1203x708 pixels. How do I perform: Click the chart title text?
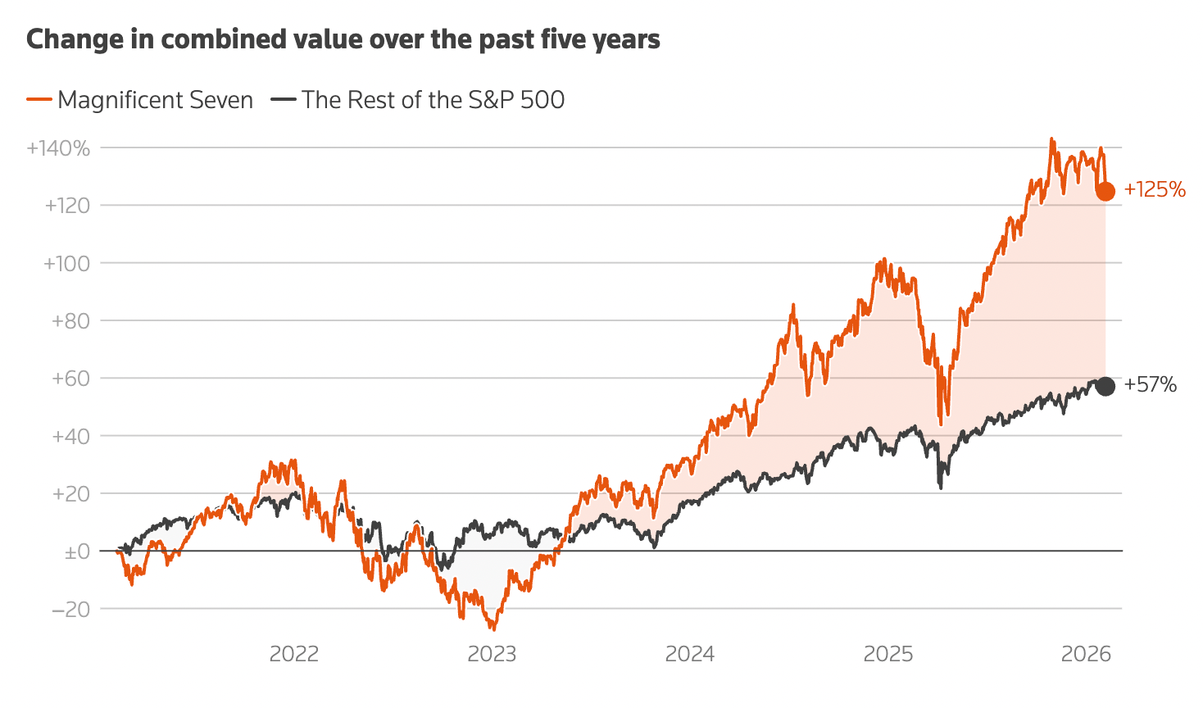pyautogui.click(x=343, y=39)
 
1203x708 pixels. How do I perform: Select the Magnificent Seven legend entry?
pyautogui.click(x=140, y=100)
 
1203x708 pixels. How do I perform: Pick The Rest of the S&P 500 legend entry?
pyautogui.click(x=418, y=100)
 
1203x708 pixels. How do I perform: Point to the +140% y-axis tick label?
pyautogui.click(x=58, y=148)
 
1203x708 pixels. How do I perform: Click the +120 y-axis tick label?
pyautogui.click(x=67, y=206)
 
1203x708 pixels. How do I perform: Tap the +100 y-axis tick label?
pyautogui.click(x=66, y=264)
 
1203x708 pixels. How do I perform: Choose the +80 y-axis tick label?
pyautogui.click(x=70, y=321)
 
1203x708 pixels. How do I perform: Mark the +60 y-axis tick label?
pyautogui.click(x=70, y=379)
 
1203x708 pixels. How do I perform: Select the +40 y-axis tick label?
pyautogui.click(x=70, y=436)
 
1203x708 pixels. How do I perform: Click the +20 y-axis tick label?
pyautogui.click(x=70, y=494)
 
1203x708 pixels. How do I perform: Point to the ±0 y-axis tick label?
pyautogui.click(x=77, y=552)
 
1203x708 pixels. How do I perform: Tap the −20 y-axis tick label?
pyautogui.click(x=70, y=610)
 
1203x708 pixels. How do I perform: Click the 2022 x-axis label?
pyautogui.click(x=293, y=654)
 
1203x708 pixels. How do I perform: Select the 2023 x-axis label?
pyautogui.click(x=492, y=654)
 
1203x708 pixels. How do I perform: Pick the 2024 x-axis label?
pyautogui.click(x=690, y=654)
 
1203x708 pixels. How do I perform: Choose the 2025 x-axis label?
pyautogui.click(x=888, y=654)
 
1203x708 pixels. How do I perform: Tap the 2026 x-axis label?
pyautogui.click(x=1086, y=654)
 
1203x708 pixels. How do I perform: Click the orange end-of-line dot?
pyautogui.click(x=1105, y=192)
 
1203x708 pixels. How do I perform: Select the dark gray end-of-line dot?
pyautogui.click(x=1105, y=387)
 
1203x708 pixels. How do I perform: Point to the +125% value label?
pyautogui.click(x=1155, y=190)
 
